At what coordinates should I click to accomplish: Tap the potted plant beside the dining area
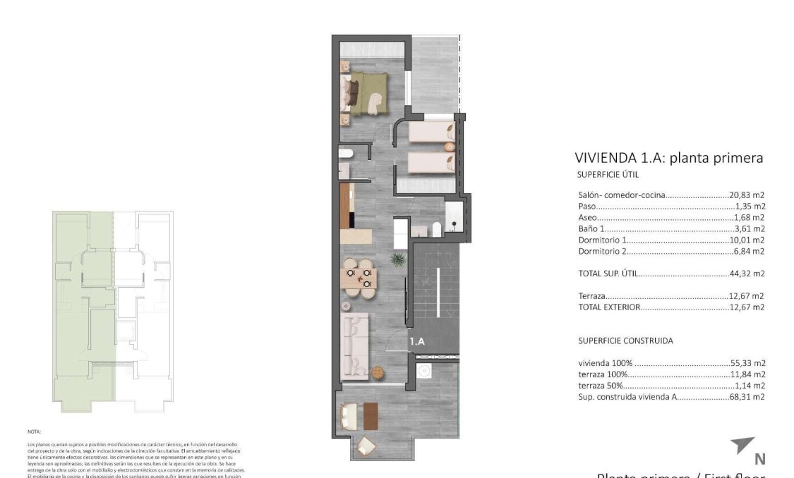[398, 260]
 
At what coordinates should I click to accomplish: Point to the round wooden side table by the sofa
[377, 372]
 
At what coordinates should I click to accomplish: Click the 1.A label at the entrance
[417, 341]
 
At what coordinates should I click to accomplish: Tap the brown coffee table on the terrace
[371, 415]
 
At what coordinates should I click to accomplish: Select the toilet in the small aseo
[346, 154]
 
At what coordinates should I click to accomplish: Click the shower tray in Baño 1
[453, 216]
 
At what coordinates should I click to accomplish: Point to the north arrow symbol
[742, 446]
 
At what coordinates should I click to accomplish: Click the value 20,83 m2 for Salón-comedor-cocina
[747, 195]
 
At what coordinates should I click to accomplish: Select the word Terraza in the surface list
[591, 296]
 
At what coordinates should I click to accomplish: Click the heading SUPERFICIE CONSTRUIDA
[625, 341]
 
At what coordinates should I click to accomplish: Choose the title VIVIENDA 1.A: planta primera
[668, 158]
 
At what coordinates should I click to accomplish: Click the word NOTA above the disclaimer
[34, 431]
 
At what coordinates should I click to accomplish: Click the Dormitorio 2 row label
[602, 251]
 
